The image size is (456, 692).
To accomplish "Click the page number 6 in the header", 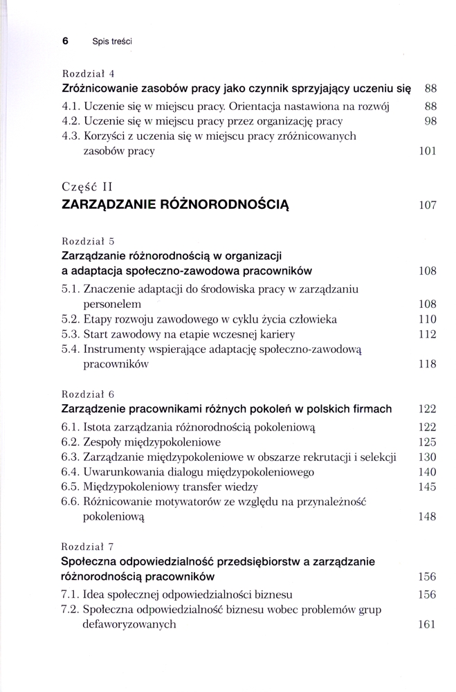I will tap(65, 41).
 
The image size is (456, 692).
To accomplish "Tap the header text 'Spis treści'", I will tap(112, 42).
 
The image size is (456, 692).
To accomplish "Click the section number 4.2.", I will tap(71, 121).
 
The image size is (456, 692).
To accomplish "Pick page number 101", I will tap(428, 152).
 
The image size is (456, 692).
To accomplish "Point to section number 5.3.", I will tap(71, 334).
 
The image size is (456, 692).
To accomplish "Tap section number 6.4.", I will tap(71, 472).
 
